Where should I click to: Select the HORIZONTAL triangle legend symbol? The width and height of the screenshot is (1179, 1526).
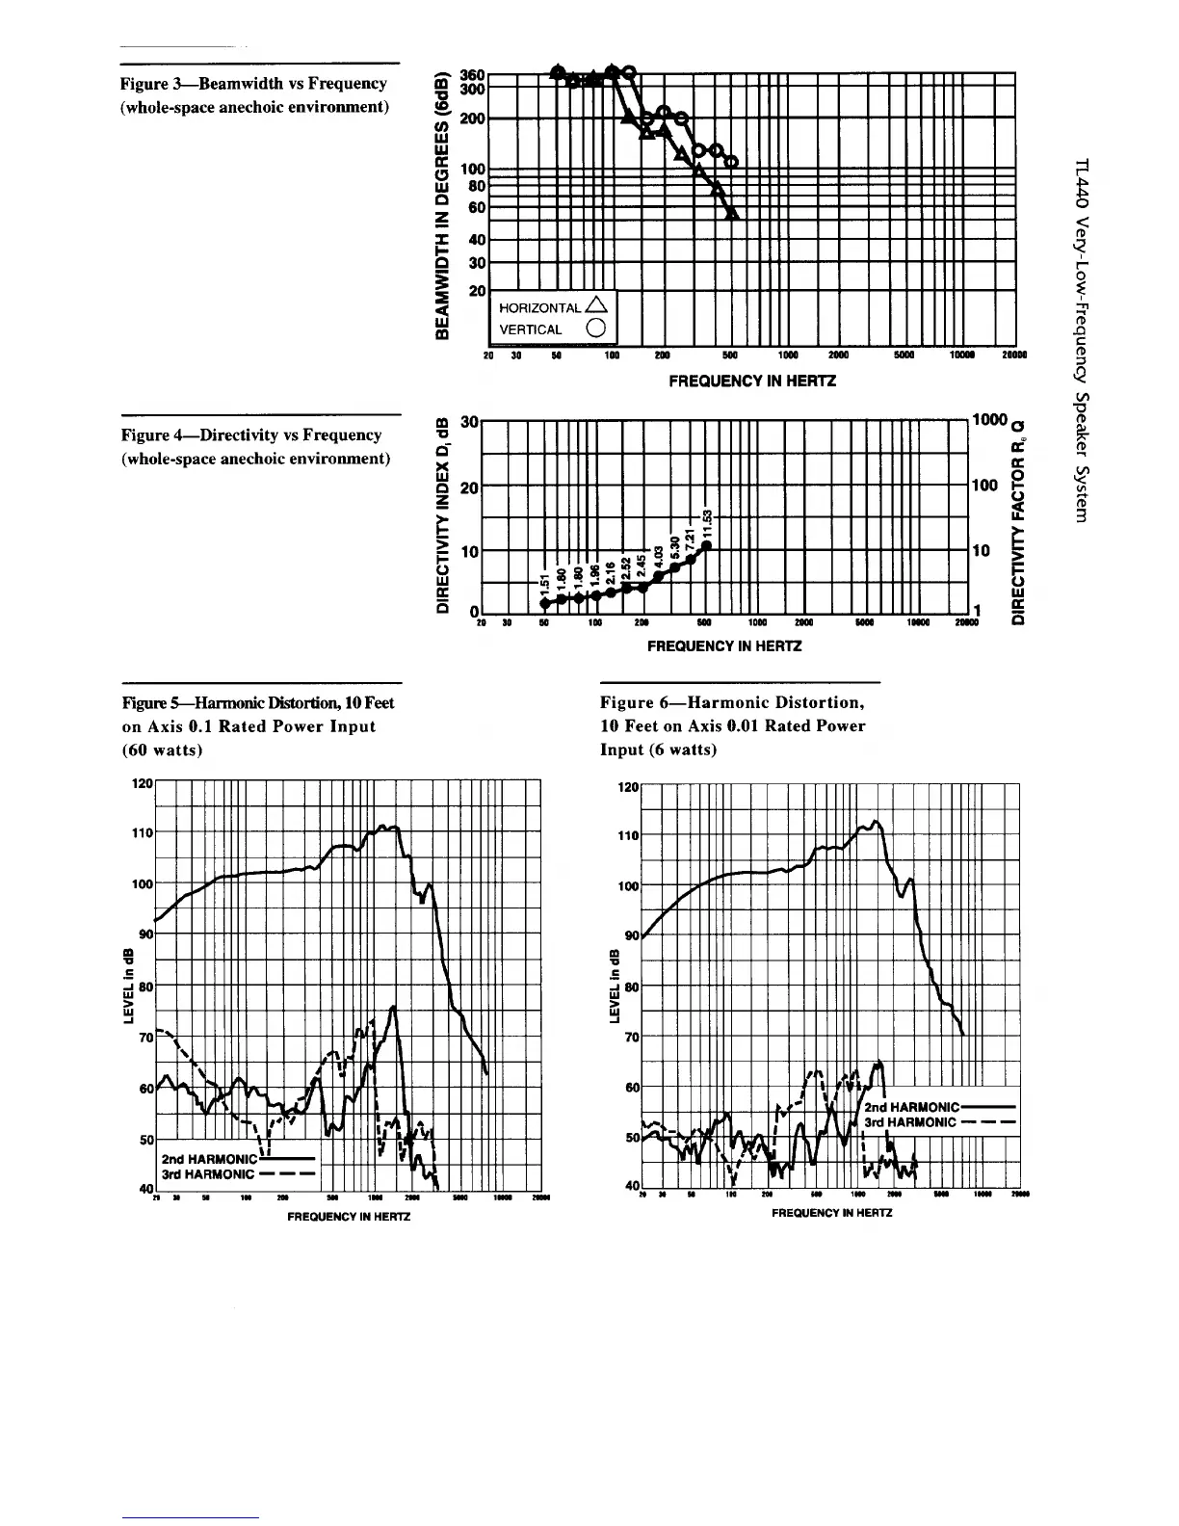596,306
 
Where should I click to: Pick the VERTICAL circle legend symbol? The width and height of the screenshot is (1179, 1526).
596,329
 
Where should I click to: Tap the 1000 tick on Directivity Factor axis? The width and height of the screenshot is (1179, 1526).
988,420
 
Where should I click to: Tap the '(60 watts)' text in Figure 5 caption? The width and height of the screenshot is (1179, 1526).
161,750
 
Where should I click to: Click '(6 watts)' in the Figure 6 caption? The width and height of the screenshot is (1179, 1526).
658,750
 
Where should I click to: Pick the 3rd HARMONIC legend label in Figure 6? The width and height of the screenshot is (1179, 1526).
909,1121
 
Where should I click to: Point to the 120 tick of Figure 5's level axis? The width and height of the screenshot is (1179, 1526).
141,783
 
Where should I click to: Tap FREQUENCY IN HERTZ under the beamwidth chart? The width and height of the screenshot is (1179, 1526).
752,381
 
